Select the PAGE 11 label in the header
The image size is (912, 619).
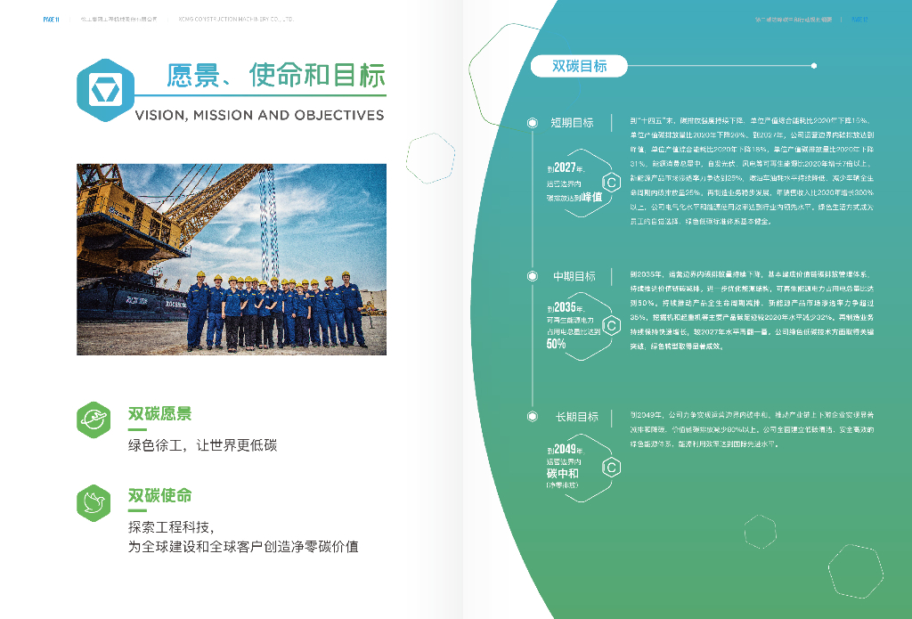[x=52, y=19]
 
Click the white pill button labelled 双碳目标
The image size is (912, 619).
[x=579, y=66]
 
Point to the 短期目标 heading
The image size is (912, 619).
[x=572, y=122]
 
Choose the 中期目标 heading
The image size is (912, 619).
[x=574, y=276]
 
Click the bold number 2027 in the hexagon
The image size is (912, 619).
[x=565, y=168]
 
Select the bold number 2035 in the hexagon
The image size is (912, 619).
[x=565, y=308]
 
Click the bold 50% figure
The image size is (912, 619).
[x=556, y=344]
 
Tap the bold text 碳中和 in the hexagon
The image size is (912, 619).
[x=563, y=474]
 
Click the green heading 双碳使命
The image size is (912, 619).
[x=160, y=495]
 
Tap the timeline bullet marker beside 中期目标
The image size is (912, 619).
[x=533, y=276]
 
